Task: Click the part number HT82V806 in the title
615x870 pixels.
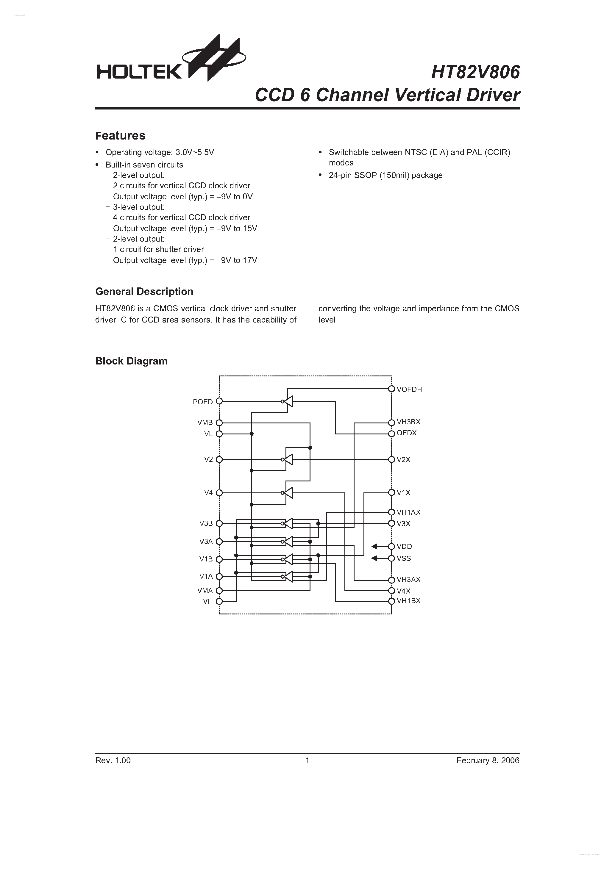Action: [x=475, y=72]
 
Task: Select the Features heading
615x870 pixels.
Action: [x=120, y=136]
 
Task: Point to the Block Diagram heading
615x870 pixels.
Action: [x=131, y=361]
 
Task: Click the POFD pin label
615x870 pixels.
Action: [x=202, y=402]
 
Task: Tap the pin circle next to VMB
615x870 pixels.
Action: [x=219, y=423]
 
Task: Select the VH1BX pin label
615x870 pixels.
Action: [x=408, y=601]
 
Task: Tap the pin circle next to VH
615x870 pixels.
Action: [x=219, y=601]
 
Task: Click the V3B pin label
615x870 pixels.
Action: [x=206, y=524]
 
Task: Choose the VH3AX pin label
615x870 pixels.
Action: [x=408, y=579]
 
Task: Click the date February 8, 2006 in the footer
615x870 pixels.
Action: [x=488, y=761]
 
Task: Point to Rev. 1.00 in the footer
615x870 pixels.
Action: [x=113, y=761]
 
